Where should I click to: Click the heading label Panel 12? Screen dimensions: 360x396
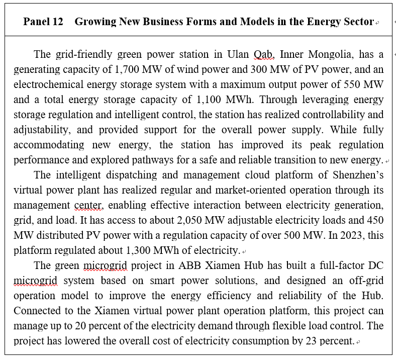click(x=43, y=22)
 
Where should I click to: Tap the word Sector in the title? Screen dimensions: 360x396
click(x=360, y=22)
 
